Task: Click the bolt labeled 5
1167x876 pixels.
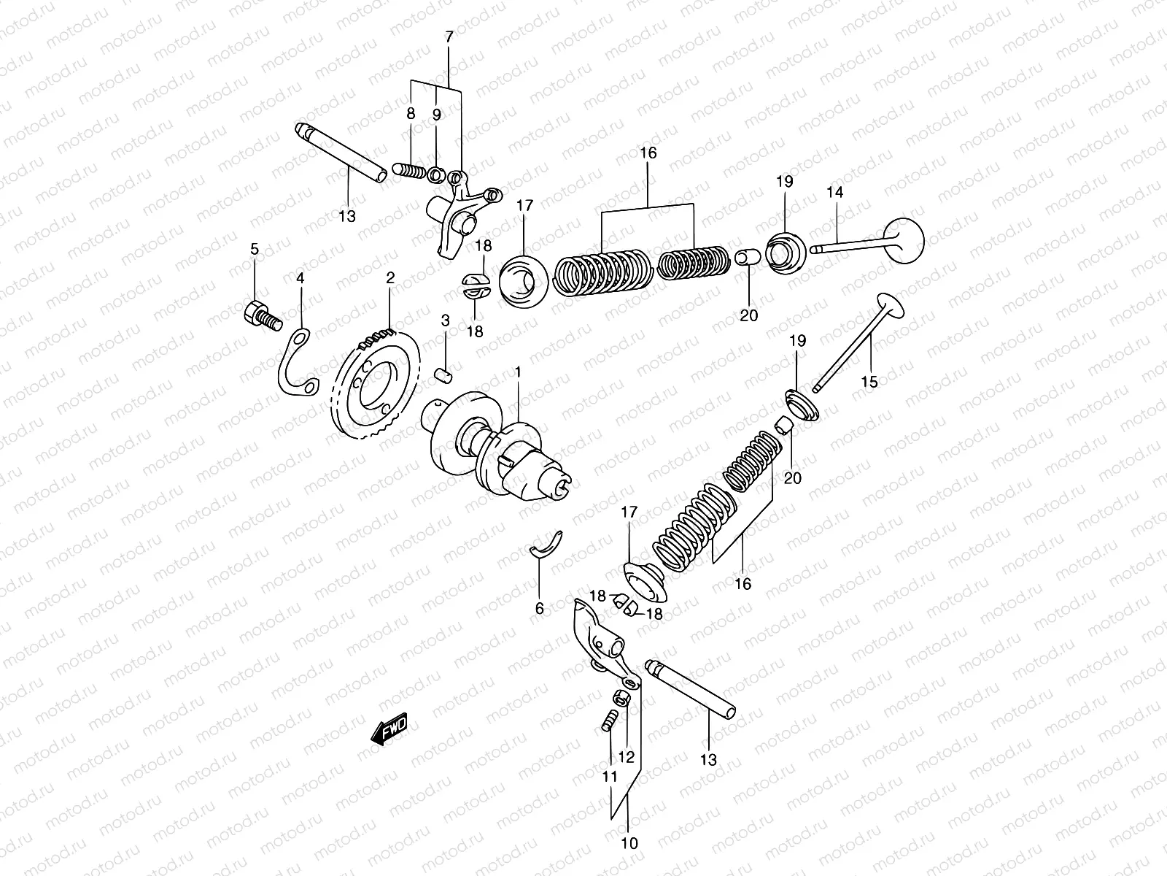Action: (261, 316)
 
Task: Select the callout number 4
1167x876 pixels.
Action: (300, 278)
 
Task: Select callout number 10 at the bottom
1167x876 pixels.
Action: (629, 843)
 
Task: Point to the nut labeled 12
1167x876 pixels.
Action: (624, 698)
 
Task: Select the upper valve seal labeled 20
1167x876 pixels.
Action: (745, 258)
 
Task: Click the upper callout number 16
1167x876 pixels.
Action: (648, 153)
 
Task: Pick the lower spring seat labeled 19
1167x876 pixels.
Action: (801, 406)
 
